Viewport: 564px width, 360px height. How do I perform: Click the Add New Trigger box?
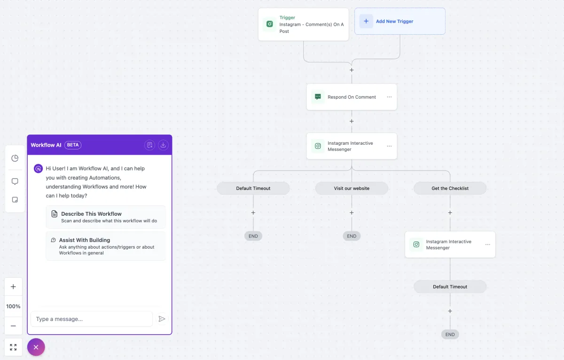[x=400, y=21]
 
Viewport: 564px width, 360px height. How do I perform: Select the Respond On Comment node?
[x=352, y=97]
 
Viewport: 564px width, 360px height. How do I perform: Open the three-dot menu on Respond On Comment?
[x=389, y=97]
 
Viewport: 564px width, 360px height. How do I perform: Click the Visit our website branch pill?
[x=352, y=188]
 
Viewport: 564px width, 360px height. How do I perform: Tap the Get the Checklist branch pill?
[x=450, y=188]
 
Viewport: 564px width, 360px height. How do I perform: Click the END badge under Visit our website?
[x=352, y=236]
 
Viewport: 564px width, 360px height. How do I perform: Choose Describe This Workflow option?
[x=106, y=217]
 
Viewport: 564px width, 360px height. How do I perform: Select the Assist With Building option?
[x=106, y=246]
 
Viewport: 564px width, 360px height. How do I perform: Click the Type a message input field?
[x=92, y=319]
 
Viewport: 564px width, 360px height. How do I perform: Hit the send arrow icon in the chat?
[x=162, y=319]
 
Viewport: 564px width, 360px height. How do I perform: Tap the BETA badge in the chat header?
[x=73, y=145]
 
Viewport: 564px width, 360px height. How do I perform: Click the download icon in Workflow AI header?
[x=163, y=145]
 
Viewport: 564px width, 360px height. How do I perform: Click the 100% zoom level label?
[x=13, y=306]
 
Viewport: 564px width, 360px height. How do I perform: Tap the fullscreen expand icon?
[x=13, y=347]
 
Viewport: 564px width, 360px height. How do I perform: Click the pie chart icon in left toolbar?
[x=15, y=158]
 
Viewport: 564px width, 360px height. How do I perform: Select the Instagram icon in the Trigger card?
[x=269, y=24]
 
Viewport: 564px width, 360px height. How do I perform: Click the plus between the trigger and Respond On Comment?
[x=352, y=70]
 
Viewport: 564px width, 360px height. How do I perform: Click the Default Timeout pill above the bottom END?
[x=450, y=287]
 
